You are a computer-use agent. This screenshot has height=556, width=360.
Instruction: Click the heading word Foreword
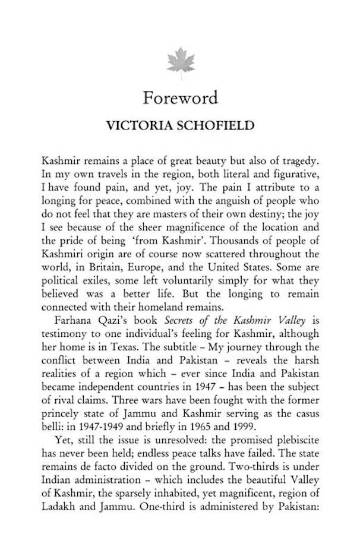181,97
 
